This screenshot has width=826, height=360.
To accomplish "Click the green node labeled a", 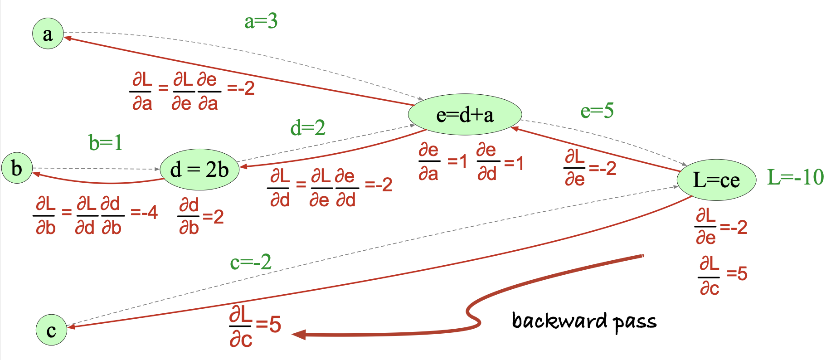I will (x=48, y=34).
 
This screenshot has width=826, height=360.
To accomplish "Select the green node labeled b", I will (x=17, y=168).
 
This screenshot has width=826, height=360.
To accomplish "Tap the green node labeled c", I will (x=51, y=330).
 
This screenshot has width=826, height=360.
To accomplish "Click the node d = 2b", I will (x=199, y=170).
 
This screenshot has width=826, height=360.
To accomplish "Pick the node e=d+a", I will (x=465, y=115).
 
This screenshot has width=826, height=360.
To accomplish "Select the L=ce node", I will (x=716, y=180).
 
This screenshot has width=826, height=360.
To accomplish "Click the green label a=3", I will (x=261, y=21).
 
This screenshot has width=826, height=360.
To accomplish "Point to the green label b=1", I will (x=105, y=143).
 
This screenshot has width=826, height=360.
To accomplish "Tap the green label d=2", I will (x=308, y=128).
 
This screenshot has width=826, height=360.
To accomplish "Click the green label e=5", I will (x=597, y=111).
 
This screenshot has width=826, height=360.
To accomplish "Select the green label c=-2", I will (x=251, y=262).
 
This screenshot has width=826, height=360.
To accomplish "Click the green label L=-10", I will (x=795, y=177).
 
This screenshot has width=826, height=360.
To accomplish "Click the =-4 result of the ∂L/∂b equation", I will (x=144, y=212).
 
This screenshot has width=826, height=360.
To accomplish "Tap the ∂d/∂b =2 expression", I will (x=201, y=216).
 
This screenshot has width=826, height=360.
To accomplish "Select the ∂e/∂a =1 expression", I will (x=442, y=162).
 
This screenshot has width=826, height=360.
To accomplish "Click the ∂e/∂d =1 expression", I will (x=500, y=162).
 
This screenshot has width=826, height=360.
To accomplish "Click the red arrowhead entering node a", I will (x=68, y=38).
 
